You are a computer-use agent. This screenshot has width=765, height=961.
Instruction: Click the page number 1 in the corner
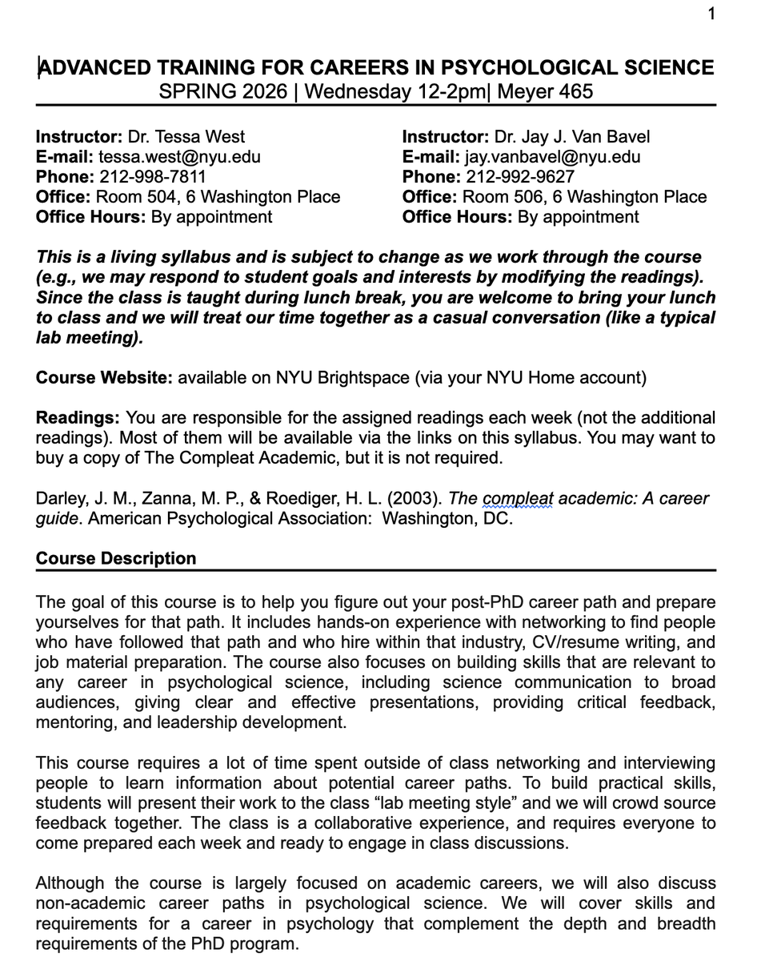point(711,14)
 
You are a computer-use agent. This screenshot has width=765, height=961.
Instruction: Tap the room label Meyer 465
point(545,91)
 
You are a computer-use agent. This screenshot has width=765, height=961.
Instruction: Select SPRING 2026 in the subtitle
point(222,91)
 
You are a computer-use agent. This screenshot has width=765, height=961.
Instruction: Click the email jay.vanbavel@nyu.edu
point(552,157)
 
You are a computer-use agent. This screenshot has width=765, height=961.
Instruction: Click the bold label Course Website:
point(104,377)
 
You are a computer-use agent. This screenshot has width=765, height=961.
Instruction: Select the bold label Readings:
point(78,417)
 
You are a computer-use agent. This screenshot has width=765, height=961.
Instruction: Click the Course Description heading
point(116,558)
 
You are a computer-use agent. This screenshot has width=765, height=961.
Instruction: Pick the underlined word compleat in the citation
point(518,498)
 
